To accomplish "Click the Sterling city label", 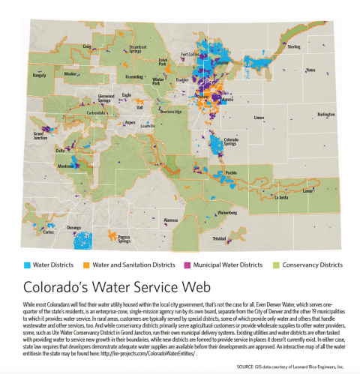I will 294,47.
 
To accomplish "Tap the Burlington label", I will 326,114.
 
